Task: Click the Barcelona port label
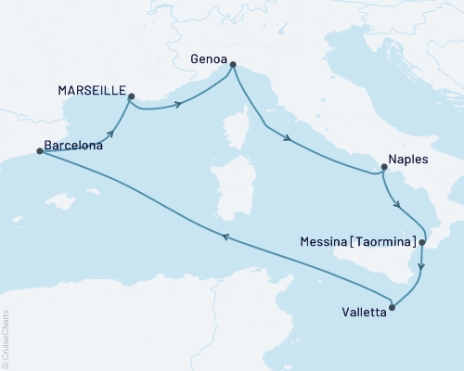pos(73,146)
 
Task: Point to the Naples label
pos(409,160)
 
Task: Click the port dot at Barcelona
pos(39,152)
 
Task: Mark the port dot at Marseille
pos(131,96)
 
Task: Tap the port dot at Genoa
pos(232,65)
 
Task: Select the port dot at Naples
pos(382,168)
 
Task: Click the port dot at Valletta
pos(393,308)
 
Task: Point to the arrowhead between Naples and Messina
pos(397,205)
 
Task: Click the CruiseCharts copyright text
pos(6,338)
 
